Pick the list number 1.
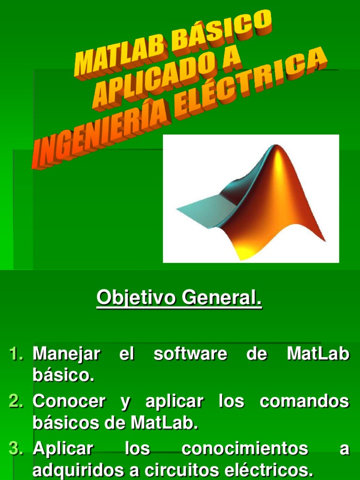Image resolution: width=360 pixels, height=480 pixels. [16, 354]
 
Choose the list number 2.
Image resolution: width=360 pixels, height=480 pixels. [16, 402]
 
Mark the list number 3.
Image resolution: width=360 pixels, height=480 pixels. [16, 449]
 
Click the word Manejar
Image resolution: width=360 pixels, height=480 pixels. [67, 354]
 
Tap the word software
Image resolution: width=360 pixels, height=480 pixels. [190, 354]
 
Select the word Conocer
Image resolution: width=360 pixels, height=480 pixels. [69, 402]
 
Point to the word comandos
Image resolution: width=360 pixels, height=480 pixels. [304, 402]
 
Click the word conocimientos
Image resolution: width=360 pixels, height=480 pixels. [245, 449]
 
